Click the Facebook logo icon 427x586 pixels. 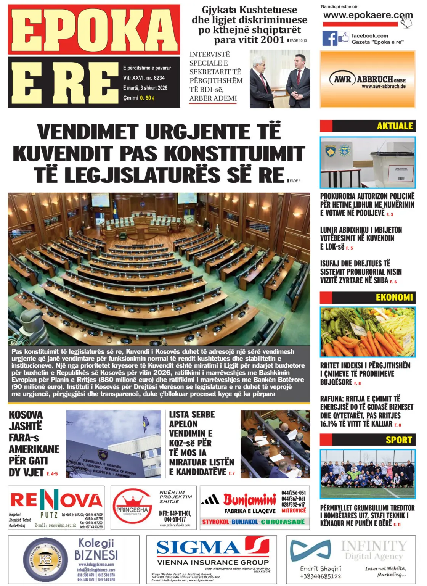[330, 38]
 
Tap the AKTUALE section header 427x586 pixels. [395, 126]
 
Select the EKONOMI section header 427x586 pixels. [394, 297]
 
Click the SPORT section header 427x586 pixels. [398, 440]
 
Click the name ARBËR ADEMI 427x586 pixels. [213, 98]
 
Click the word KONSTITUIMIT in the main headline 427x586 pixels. [234, 154]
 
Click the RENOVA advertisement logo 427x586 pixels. [56, 500]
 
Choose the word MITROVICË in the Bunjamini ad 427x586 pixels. [294, 510]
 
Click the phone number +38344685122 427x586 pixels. [320, 576]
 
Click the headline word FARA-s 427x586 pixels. [24, 438]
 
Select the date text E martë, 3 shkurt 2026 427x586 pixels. [145, 88]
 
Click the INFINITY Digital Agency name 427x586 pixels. [374, 551]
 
